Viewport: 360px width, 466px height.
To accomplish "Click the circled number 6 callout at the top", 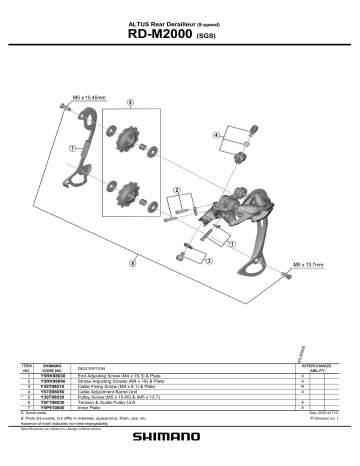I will [x=130, y=103].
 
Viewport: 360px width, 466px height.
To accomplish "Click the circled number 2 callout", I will [x=177, y=190].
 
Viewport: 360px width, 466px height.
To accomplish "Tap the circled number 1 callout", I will [x=233, y=242].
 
